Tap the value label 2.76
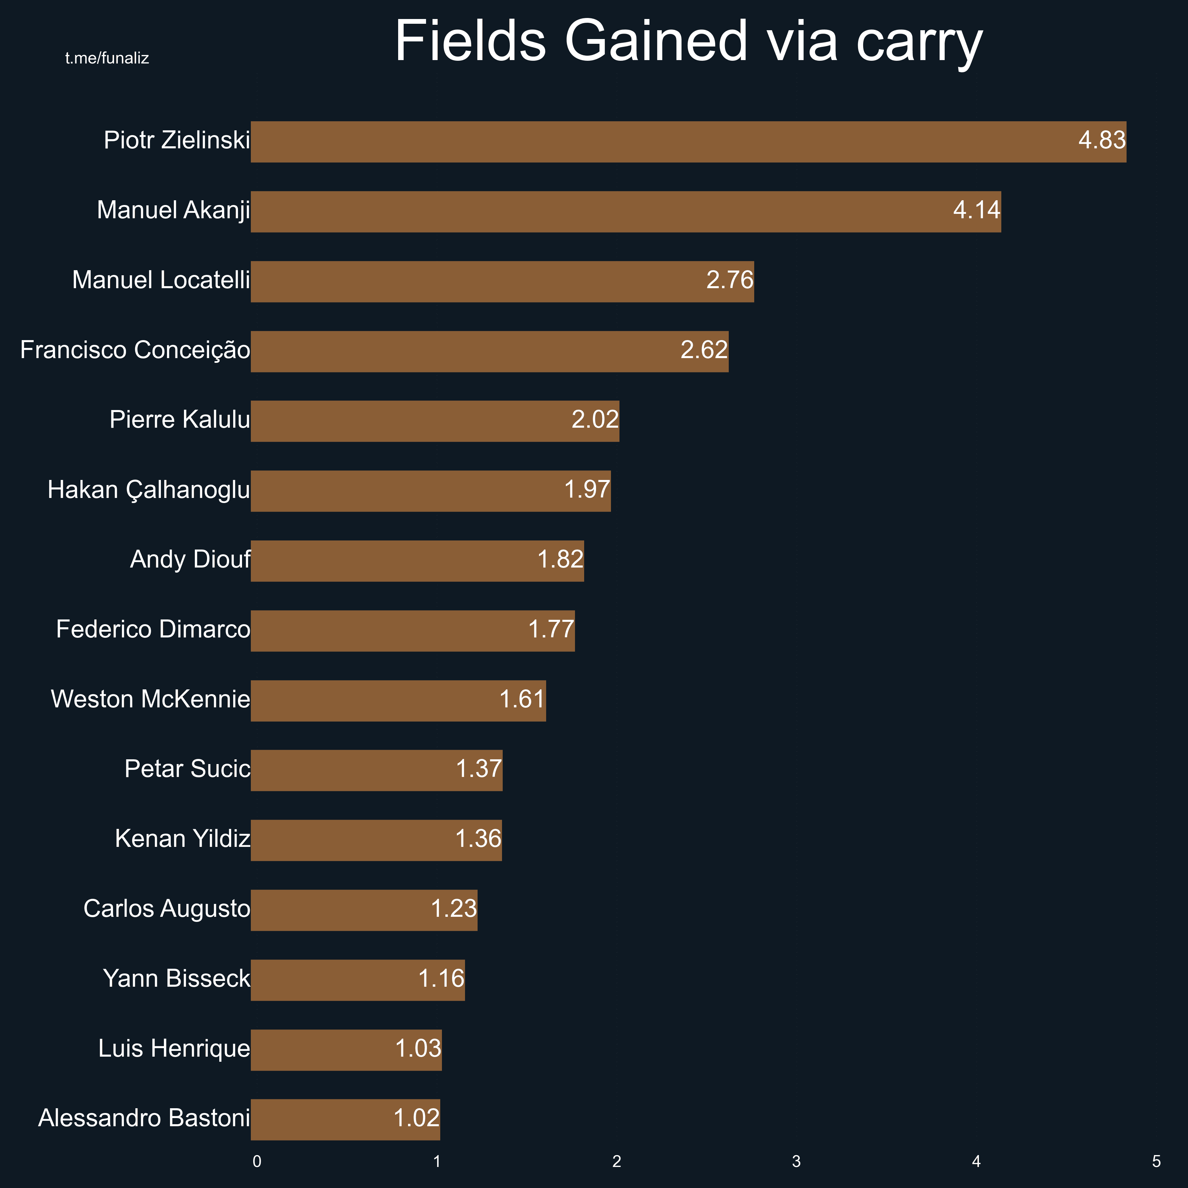click(729, 280)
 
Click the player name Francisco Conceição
click(135, 350)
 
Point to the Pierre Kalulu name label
click(180, 420)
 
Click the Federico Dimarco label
click(153, 630)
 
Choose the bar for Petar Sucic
click(376, 771)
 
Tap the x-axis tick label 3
click(796, 1162)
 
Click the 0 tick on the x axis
click(257, 1162)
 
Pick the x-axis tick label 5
click(1156, 1162)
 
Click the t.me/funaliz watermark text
click(107, 58)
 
